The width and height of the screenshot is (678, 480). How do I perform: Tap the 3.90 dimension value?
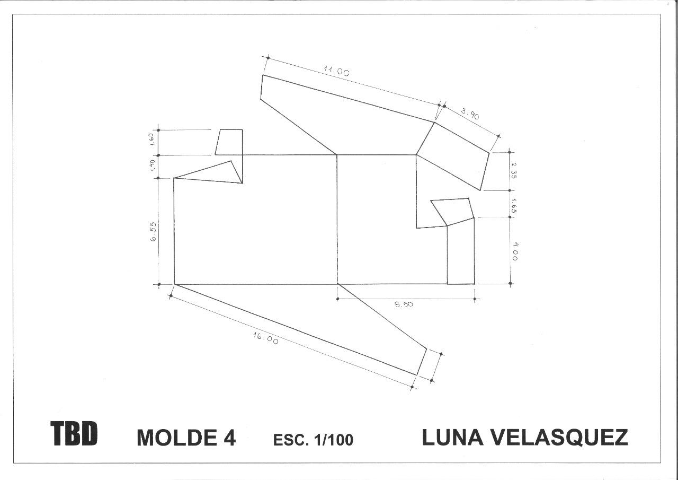point(470,114)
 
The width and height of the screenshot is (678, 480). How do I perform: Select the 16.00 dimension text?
point(266,338)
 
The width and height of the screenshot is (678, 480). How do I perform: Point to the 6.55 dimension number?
point(153,232)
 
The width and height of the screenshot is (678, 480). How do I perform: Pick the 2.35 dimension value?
point(514,171)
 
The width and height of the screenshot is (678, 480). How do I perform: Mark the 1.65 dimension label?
point(514,206)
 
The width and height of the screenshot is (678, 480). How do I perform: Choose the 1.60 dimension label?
point(152,139)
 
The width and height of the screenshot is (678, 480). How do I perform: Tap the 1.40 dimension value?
point(153,165)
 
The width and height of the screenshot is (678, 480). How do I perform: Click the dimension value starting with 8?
point(404,304)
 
